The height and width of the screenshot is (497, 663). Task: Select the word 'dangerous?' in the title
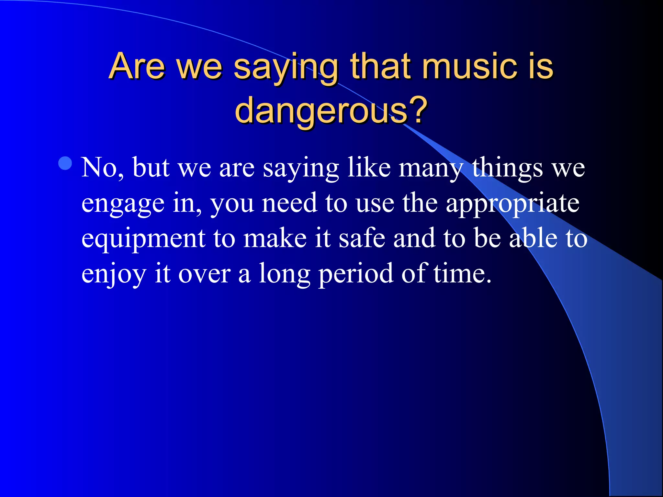(x=331, y=111)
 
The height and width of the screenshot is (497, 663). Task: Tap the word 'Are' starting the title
(x=137, y=66)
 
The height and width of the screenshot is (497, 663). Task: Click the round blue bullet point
(x=65, y=163)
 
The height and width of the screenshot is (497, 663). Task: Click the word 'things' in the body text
(x=507, y=168)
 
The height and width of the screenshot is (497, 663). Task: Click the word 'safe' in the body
(x=362, y=239)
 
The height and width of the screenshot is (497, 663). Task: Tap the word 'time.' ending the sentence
(x=462, y=274)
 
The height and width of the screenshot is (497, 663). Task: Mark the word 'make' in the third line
(x=275, y=239)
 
